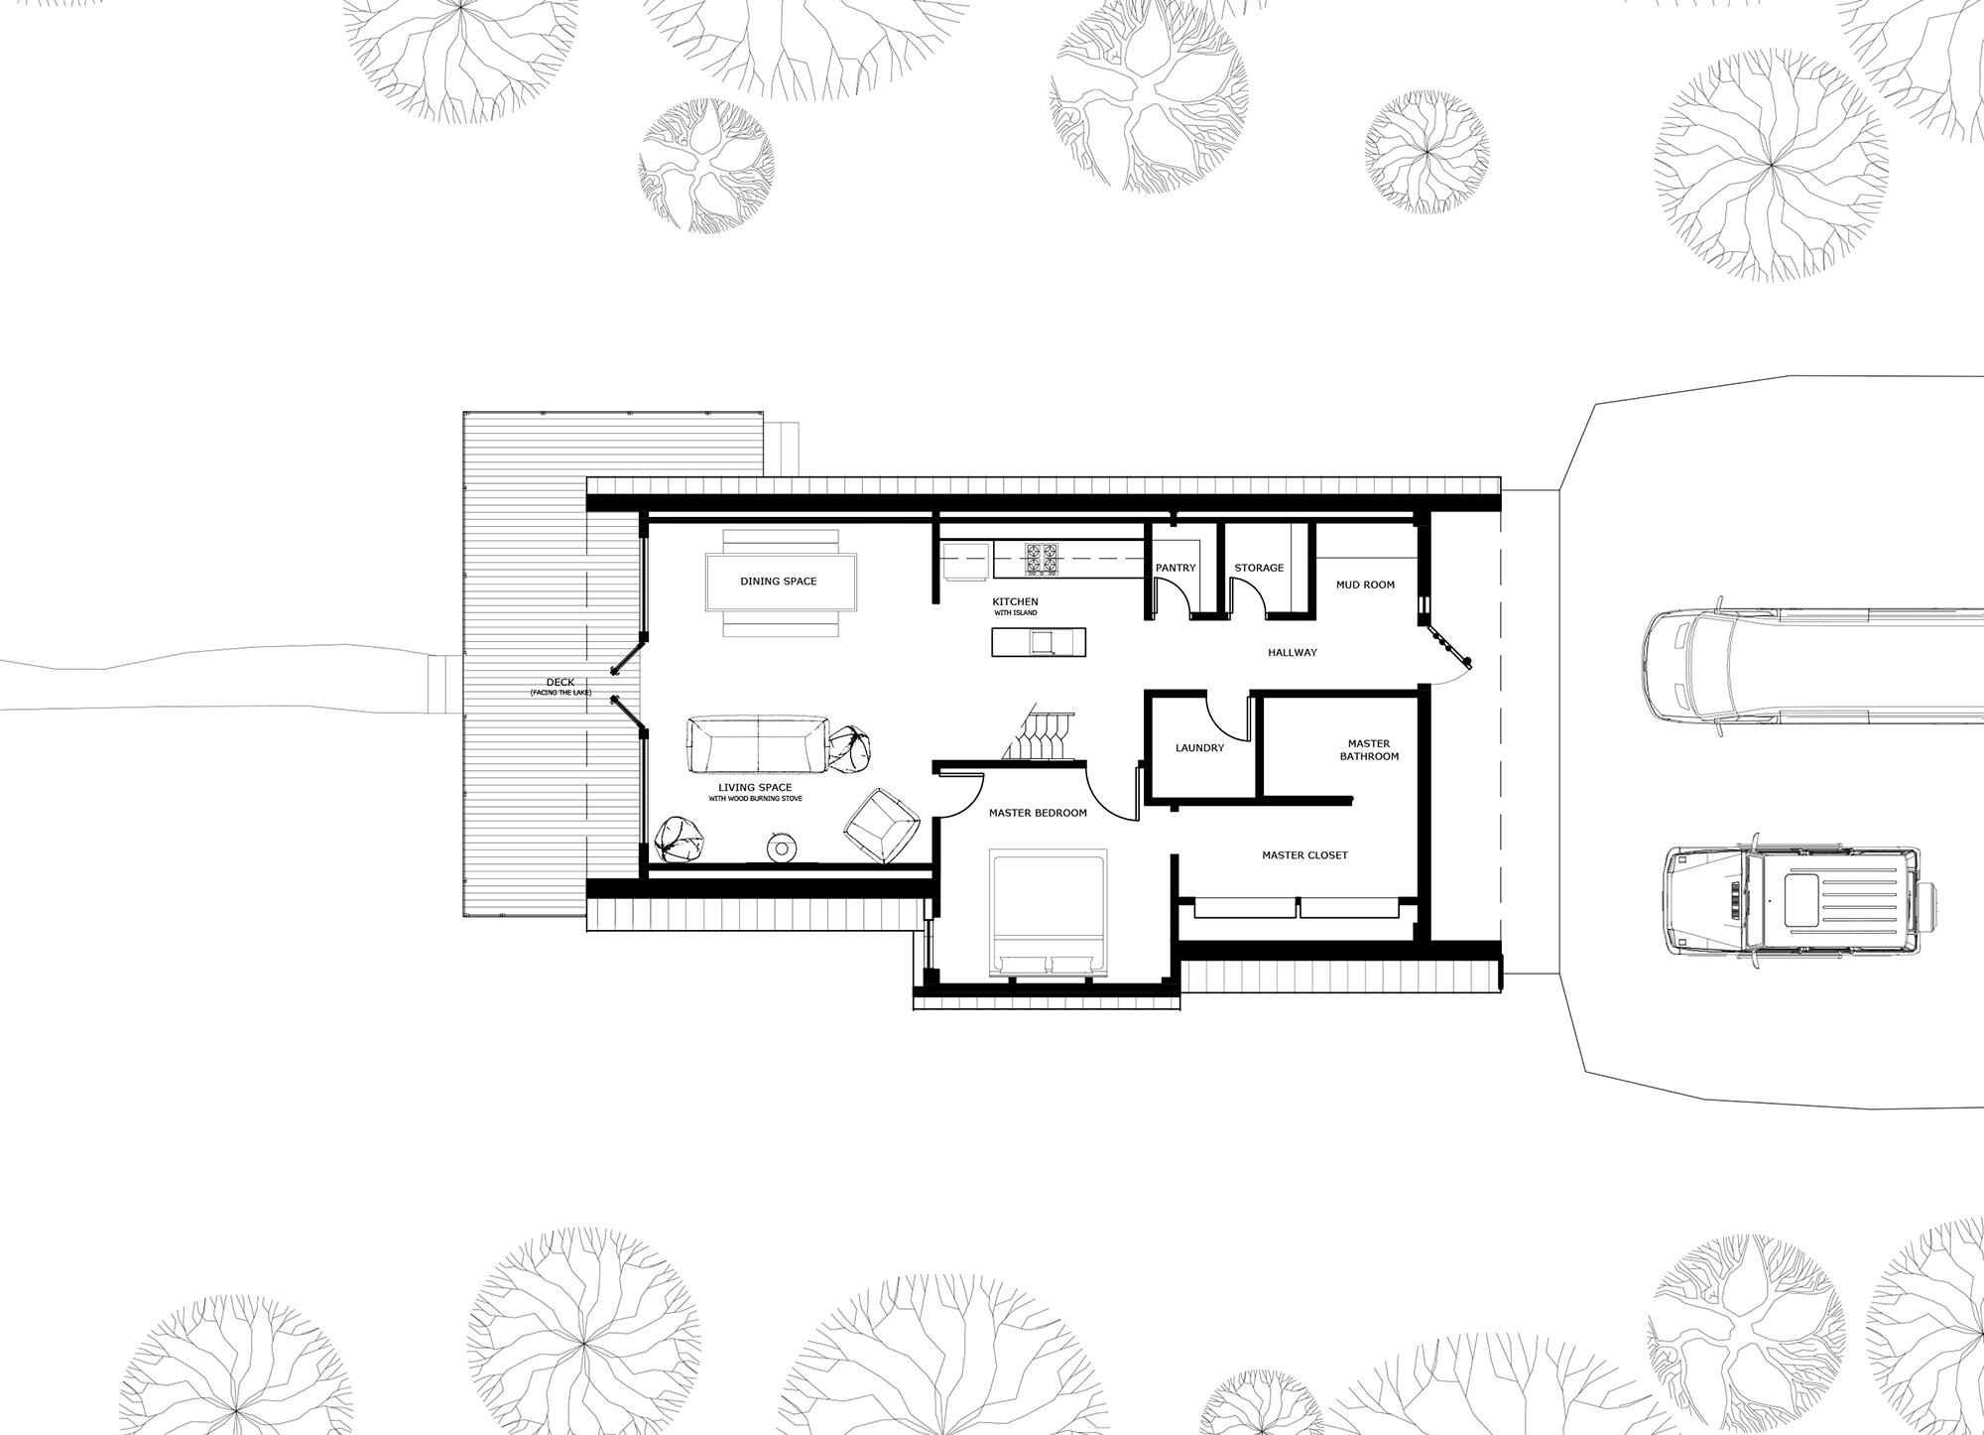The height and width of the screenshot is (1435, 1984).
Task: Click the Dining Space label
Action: pyautogui.click(x=778, y=582)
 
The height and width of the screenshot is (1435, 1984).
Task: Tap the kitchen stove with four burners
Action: pyautogui.click(x=1042, y=560)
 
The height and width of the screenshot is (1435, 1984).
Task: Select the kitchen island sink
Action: pyautogui.click(x=1042, y=643)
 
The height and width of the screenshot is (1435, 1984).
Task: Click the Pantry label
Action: pyautogui.click(x=1176, y=569)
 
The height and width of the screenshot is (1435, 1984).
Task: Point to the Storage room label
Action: pyautogui.click(x=1259, y=569)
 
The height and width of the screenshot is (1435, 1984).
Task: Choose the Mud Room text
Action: pyautogui.click(x=1365, y=586)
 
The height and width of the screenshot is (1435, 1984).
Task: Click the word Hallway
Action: pyautogui.click(x=1292, y=653)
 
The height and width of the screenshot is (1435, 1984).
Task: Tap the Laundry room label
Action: pyautogui.click(x=1199, y=748)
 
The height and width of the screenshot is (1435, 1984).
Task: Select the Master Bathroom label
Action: pyautogui.click(x=1369, y=750)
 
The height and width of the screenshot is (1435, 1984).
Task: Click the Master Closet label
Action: pyautogui.click(x=1304, y=855)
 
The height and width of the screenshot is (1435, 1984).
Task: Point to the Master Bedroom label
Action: pyautogui.click(x=1038, y=814)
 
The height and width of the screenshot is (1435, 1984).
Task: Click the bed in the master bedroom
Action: pyautogui.click(x=1050, y=913)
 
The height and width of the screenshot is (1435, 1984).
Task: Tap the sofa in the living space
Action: pyautogui.click(x=758, y=744)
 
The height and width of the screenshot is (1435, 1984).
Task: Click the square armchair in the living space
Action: pyautogui.click(x=881, y=824)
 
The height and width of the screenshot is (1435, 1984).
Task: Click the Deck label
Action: pyautogui.click(x=560, y=684)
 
